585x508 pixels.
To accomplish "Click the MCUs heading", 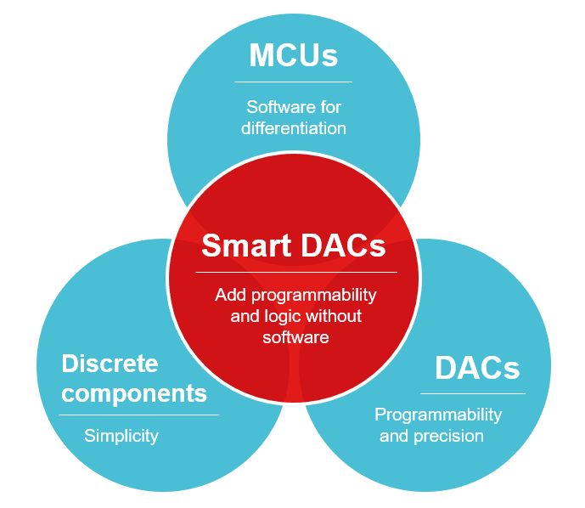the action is pyautogui.click(x=293, y=55).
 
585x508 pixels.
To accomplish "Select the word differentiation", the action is pyautogui.click(x=294, y=128).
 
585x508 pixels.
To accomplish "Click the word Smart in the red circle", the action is pyautogui.click(x=246, y=246).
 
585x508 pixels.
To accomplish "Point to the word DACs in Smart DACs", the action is pyautogui.click(x=343, y=246).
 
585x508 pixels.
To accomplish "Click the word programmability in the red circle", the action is pyautogui.click(x=314, y=296).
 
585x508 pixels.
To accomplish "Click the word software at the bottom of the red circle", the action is pyautogui.click(x=295, y=338).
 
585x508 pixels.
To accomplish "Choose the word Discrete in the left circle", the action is pyautogui.click(x=110, y=364).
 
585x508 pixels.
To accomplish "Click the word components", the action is pyautogui.click(x=134, y=394).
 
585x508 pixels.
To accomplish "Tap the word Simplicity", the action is pyautogui.click(x=121, y=436).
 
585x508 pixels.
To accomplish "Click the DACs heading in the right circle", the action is pyautogui.click(x=477, y=368).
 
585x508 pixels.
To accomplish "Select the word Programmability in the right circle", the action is pyautogui.click(x=438, y=415).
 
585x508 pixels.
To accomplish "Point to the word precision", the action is pyautogui.click(x=449, y=437).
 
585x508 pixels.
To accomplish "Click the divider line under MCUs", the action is pyautogui.click(x=293, y=82).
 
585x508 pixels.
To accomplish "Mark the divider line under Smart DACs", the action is pyautogui.click(x=296, y=273).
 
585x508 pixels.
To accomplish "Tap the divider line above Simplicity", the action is pyautogui.click(x=138, y=415).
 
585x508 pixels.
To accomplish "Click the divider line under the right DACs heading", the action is pyautogui.click(x=473, y=393).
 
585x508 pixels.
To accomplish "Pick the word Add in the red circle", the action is pyautogui.click(x=231, y=295).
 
